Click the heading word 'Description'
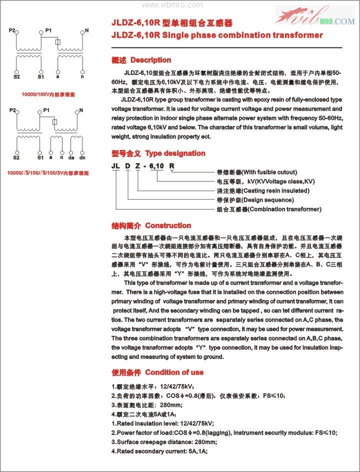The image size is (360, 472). tap(150, 60)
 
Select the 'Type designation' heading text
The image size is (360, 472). tap(175, 153)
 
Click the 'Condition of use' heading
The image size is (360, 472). tap(174, 372)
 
